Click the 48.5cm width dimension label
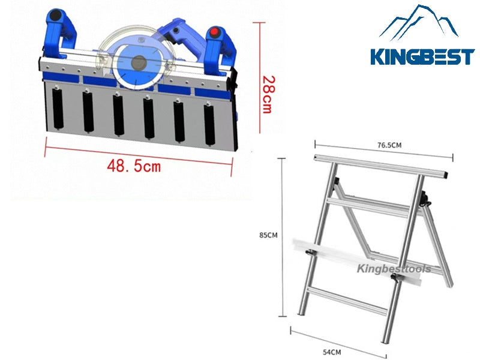point(134,166)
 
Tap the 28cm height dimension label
point(269,95)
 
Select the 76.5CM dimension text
point(389,145)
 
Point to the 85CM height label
point(268,235)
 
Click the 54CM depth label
point(332,352)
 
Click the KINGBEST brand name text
point(422,57)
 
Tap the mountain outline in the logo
point(419,22)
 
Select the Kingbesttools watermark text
point(394,269)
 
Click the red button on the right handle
point(215,32)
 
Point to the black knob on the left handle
point(56,15)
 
